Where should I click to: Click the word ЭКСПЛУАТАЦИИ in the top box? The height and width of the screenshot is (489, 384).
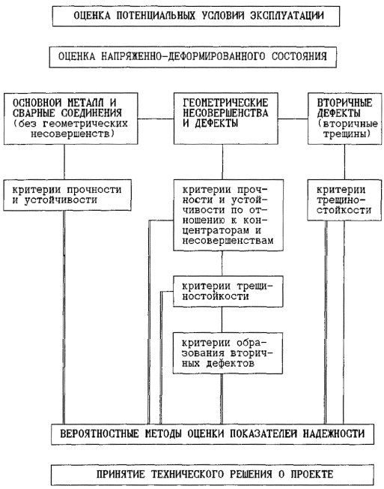tap(287, 16)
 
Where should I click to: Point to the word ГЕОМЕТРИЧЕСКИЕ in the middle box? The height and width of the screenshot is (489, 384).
tap(225, 102)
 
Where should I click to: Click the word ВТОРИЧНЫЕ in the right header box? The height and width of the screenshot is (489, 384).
tap(344, 102)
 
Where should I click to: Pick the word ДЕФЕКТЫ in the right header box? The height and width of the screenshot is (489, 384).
tap(338, 112)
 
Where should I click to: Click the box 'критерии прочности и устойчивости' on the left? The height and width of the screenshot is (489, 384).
tap(67, 195)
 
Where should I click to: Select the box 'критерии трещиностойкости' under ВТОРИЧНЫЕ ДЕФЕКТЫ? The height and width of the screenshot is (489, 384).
tap(344, 200)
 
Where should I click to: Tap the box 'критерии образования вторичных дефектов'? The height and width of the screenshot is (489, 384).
tap(228, 353)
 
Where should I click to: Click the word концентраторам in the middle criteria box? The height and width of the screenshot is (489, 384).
tap(216, 230)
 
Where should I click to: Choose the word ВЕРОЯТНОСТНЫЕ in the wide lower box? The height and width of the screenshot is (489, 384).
tap(99, 433)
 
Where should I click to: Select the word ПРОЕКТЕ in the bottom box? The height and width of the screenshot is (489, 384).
tap(312, 474)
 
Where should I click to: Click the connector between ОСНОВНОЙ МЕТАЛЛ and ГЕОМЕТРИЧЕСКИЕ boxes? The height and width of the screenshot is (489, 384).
tap(156, 118)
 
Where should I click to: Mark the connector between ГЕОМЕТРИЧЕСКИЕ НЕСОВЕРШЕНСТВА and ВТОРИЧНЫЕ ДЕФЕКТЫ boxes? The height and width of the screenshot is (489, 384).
tap(293, 118)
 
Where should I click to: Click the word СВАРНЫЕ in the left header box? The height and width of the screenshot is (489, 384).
tap(34, 112)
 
